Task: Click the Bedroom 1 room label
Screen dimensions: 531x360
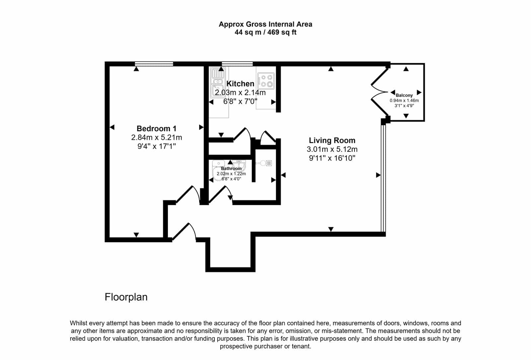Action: [x=156, y=129]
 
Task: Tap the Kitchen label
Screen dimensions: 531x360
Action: [x=240, y=84]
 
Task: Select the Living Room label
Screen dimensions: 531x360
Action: [x=332, y=140]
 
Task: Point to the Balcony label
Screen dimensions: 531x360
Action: [x=404, y=95]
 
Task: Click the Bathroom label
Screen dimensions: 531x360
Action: [x=231, y=169]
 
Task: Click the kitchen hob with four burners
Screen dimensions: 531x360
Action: [x=266, y=81]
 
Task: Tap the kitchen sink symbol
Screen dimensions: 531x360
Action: [x=218, y=82]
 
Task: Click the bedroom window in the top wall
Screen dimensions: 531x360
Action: [x=154, y=64]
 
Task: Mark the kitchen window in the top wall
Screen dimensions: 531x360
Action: [x=237, y=64]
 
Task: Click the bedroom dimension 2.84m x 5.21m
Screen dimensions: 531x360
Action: [x=156, y=137]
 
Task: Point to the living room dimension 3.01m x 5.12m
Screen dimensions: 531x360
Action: [x=332, y=149]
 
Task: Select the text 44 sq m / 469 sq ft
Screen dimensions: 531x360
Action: [x=265, y=32]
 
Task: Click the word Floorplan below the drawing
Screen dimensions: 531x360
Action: [x=126, y=297]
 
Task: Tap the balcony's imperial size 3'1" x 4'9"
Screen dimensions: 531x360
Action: [x=404, y=106]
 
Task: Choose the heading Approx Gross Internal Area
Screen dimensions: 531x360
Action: [x=265, y=24]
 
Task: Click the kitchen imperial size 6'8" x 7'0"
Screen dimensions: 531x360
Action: [x=240, y=102]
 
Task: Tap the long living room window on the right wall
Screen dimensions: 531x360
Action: [x=383, y=178]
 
